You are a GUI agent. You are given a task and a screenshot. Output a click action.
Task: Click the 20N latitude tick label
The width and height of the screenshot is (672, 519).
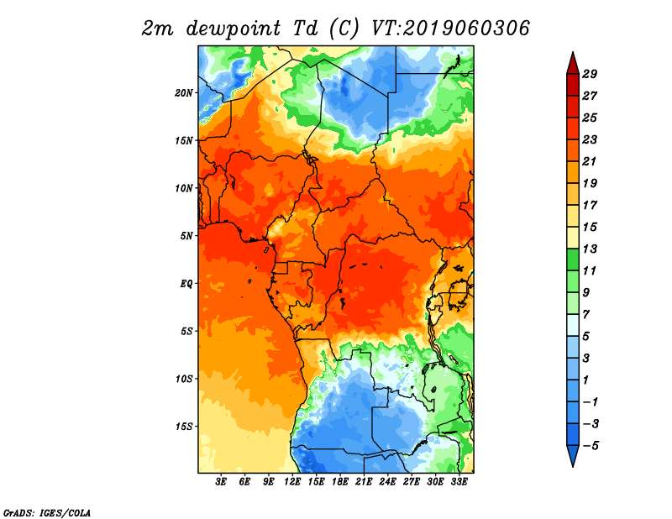[x=185, y=92]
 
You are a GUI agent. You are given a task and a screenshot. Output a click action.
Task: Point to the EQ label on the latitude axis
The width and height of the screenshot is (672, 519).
[x=186, y=283]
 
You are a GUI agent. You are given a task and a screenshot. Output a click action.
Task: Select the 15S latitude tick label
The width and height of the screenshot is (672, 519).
[x=185, y=426]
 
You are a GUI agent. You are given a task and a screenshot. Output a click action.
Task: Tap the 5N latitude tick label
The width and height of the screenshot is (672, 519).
[x=186, y=235]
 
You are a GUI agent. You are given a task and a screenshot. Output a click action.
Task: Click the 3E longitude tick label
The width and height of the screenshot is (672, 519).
[x=222, y=482]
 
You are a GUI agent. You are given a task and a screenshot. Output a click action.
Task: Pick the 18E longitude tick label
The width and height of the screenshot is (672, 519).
[x=341, y=482]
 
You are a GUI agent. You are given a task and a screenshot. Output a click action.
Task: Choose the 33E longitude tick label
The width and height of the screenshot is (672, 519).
[x=459, y=482]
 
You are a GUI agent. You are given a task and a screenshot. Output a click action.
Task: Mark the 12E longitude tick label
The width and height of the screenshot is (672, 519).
[x=293, y=482]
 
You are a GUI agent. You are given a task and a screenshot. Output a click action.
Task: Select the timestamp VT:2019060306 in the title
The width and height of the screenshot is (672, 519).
[x=450, y=29]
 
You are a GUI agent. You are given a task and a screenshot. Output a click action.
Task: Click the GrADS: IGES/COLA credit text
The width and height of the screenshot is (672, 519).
[x=46, y=511]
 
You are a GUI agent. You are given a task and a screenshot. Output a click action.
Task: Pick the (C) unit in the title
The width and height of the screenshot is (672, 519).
[x=344, y=29]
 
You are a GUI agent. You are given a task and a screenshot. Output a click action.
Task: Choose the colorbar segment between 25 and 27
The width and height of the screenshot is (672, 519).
[x=571, y=107]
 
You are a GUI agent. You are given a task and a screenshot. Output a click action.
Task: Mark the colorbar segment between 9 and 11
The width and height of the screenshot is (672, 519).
[x=571, y=281]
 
